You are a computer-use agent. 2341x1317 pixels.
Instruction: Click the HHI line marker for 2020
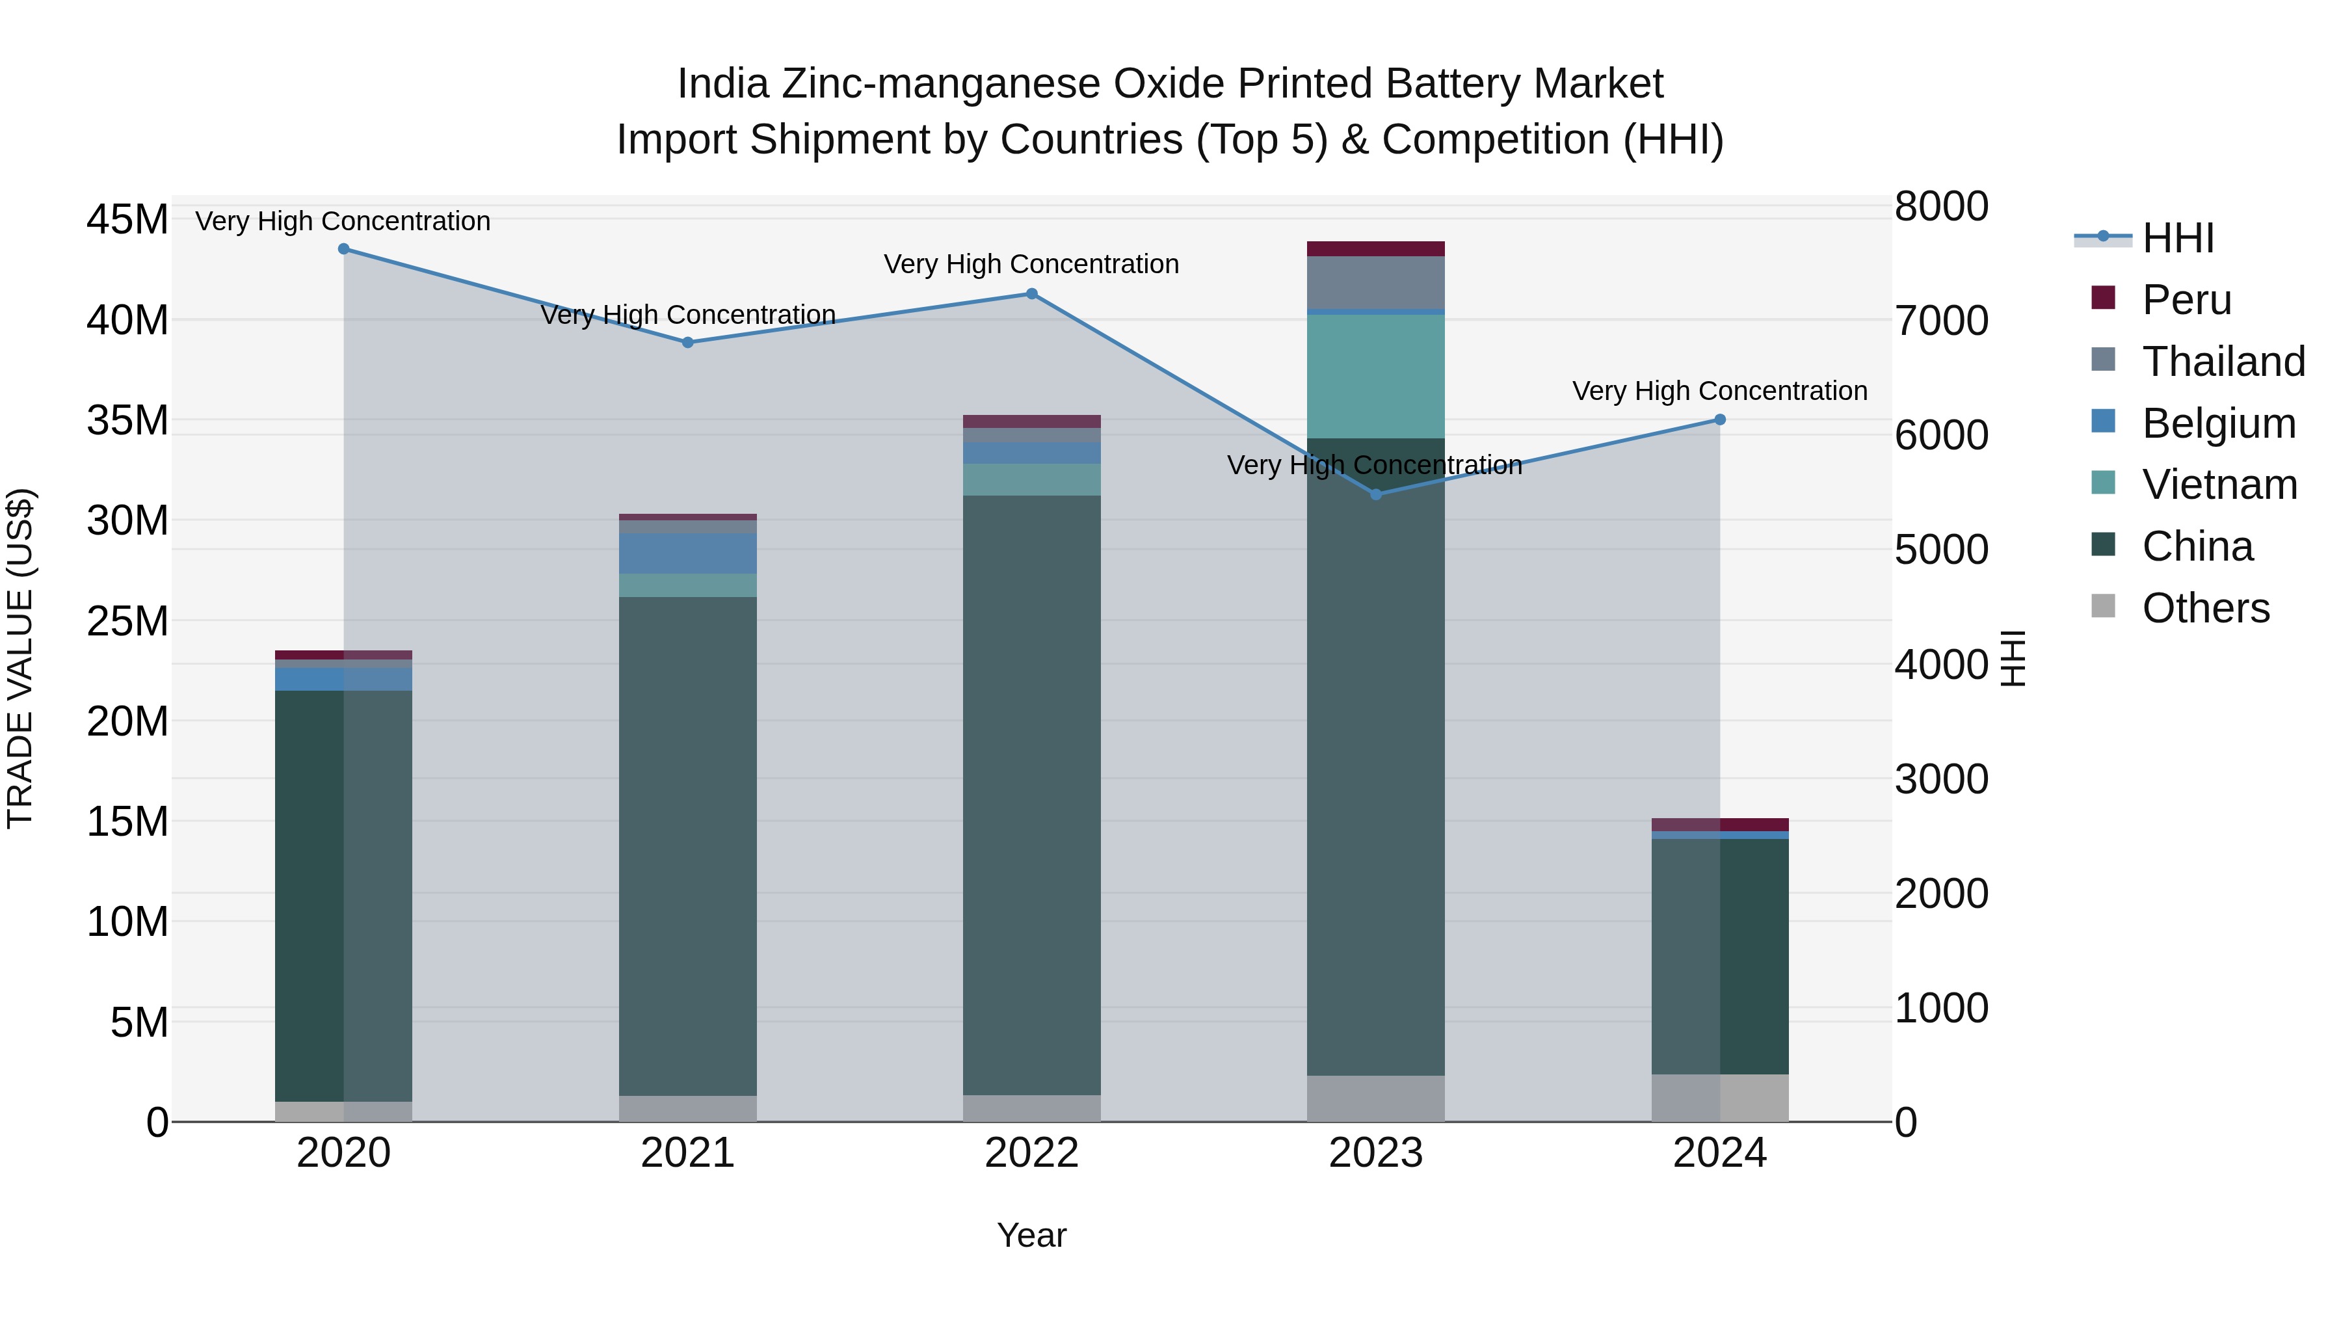[343, 249]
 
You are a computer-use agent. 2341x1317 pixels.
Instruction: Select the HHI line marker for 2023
[1376, 494]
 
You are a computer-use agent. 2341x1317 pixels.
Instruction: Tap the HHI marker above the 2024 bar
[1719, 420]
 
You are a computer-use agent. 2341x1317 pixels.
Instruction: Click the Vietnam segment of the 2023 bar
[1376, 377]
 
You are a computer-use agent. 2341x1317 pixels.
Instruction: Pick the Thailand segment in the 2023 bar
[1376, 283]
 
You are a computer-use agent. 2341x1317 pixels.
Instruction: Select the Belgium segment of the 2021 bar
[688, 553]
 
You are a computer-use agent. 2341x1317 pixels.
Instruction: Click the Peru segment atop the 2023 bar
[1376, 249]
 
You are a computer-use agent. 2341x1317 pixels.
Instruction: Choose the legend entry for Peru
[2186, 300]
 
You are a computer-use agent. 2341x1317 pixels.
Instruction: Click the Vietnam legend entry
[2218, 485]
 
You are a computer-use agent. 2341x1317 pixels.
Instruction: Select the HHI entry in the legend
[2177, 238]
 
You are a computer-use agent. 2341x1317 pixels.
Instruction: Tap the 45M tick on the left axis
[127, 220]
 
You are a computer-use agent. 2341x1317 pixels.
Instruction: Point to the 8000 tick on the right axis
[1942, 206]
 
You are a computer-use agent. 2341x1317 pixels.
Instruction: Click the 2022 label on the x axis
[1031, 1153]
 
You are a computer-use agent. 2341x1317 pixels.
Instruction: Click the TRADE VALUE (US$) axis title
[20, 658]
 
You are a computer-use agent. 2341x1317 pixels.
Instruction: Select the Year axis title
[1031, 1235]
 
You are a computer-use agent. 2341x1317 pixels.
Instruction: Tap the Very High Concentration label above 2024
[1719, 391]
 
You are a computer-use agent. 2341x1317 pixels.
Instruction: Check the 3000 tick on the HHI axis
[1942, 779]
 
